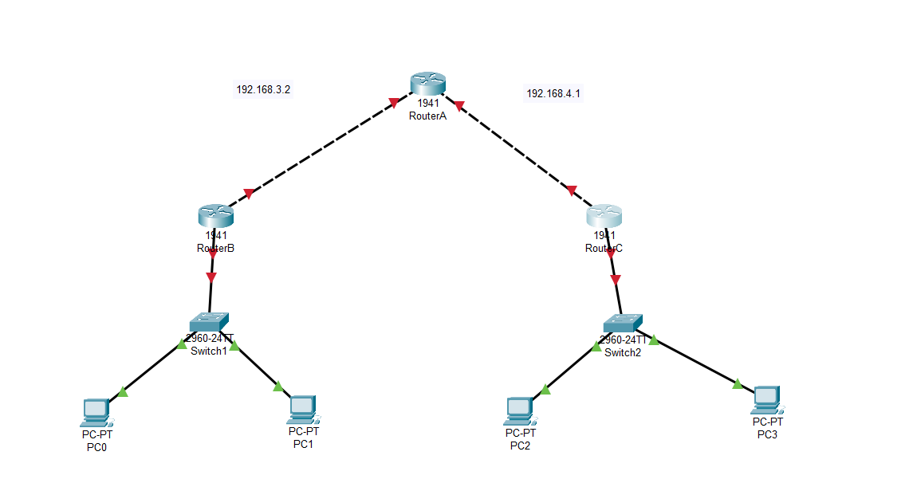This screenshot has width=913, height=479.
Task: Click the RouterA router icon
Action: click(428, 84)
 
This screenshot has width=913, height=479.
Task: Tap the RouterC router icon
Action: click(604, 216)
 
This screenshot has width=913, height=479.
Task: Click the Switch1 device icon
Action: click(210, 321)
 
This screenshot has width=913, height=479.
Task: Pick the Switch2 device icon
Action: click(622, 322)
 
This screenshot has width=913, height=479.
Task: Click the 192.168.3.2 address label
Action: click(263, 90)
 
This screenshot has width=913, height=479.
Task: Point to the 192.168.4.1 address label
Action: click(553, 93)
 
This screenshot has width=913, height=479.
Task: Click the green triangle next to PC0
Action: click(122, 391)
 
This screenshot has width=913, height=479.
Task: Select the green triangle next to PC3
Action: click(738, 384)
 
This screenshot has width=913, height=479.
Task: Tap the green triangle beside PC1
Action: click(278, 387)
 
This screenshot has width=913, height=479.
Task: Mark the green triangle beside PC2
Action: click(545, 390)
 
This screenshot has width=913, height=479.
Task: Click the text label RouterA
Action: click(427, 116)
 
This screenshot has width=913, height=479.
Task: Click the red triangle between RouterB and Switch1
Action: click(211, 277)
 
